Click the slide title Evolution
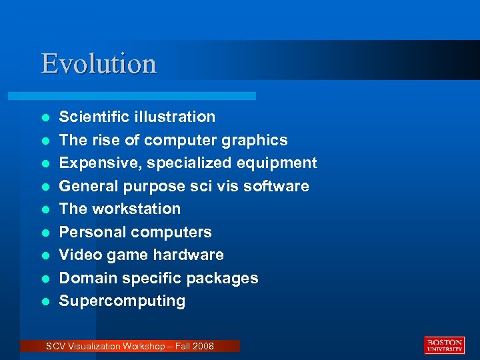pos(99,64)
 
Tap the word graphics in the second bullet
pos(254,141)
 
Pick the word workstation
pos(136,209)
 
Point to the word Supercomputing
pos(122,301)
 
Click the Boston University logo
pos(444,345)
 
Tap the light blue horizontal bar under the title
pos(147,96)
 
